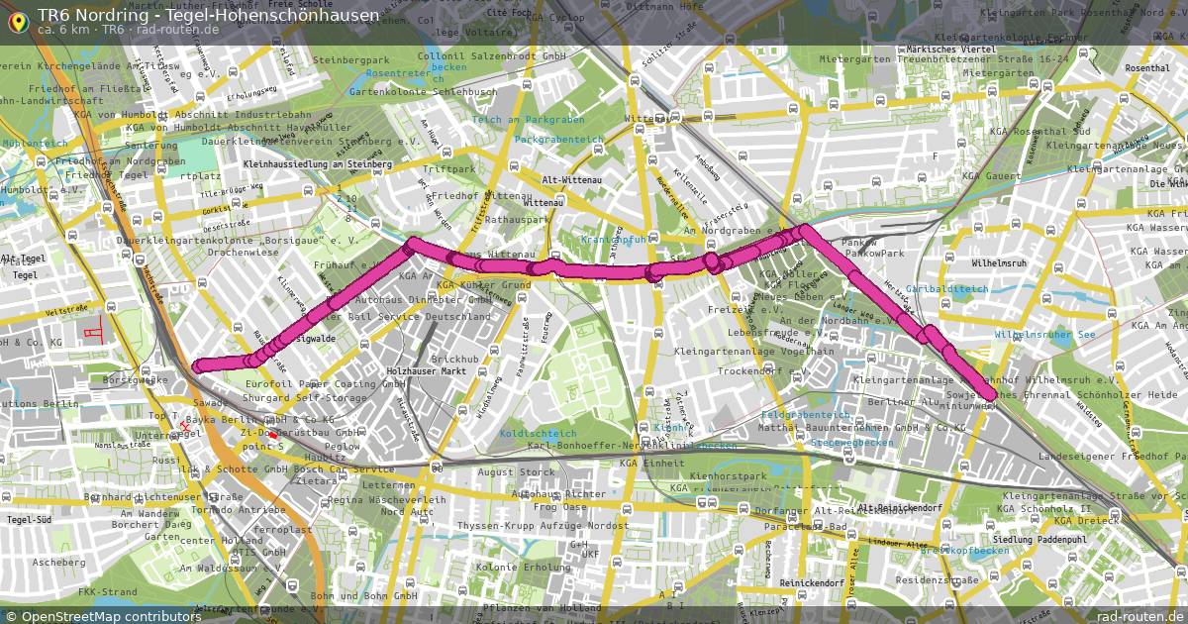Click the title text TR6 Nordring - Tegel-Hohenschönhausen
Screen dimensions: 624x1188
(x=208, y=15)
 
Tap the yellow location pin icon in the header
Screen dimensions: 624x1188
(x=18, y=21)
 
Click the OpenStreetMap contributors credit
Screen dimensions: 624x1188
(x=105, y=616)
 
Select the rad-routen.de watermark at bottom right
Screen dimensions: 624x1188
(x=1138, y=616)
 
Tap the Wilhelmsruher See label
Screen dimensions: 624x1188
(x=1044, y=335)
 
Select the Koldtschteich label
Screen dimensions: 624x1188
(x=539, y=433)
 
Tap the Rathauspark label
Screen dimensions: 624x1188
(x=516, y=219)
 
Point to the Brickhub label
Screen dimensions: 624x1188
(x=455, y=358)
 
